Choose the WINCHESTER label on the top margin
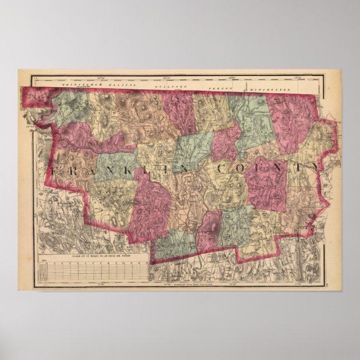click(x=271, y=89)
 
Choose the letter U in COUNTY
click(x=260, y=168)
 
